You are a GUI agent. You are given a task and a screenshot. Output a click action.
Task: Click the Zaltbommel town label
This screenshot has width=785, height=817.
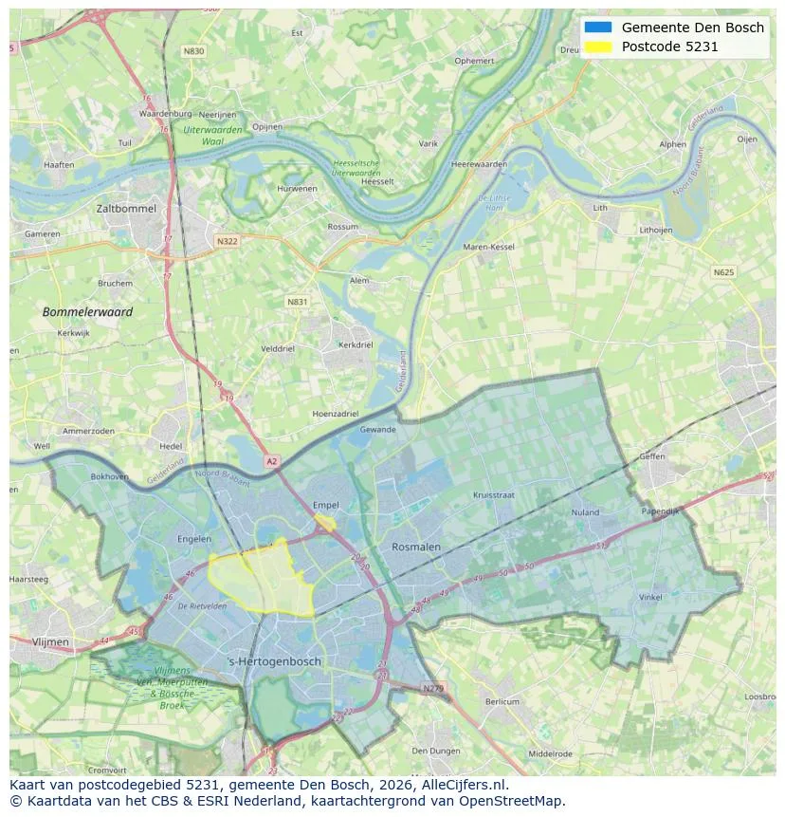tap(126, 208)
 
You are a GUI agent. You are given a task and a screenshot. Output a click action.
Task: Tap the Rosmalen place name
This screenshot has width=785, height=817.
tap(416, 547)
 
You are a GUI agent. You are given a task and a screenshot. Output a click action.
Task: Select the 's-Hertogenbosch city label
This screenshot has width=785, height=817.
tap(275, 661)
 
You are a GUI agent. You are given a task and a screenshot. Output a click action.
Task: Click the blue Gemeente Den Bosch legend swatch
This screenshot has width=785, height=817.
tap(598, 28)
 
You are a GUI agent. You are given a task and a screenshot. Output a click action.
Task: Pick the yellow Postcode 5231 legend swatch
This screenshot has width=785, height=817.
tap(598, 46)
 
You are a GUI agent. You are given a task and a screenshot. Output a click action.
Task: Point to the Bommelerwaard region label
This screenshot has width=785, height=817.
tap(87, 311)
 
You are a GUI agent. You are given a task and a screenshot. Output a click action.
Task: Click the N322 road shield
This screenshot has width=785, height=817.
tap(227, 241)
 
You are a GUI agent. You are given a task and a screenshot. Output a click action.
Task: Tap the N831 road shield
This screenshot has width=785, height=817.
tap(298, 302)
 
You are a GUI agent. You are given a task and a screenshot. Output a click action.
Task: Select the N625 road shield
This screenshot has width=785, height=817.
tap(723, 272)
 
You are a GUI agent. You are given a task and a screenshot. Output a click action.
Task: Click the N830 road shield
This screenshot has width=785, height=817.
tap(193, 51)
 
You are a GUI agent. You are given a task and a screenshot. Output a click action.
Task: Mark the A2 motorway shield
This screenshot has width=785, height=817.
tap(272, 461)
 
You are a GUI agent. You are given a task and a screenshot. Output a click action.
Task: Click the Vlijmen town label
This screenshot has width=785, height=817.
tap(50, 642)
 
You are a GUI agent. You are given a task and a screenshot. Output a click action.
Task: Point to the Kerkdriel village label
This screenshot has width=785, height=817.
tap(356, 345)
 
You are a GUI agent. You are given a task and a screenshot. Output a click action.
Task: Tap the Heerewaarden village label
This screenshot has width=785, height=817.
tap(479, 164)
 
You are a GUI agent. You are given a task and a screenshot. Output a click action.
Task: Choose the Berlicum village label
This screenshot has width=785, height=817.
tap(502, 701)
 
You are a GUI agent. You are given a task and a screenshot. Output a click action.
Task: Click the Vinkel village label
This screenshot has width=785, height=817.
tap(650, 597)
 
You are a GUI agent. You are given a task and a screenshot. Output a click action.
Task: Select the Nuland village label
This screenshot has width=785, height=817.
tap(585, 512)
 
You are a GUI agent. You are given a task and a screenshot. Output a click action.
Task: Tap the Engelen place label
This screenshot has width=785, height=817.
tap(194, 539)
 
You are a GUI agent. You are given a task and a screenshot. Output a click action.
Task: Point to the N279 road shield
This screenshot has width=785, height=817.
tap(432, 688)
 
